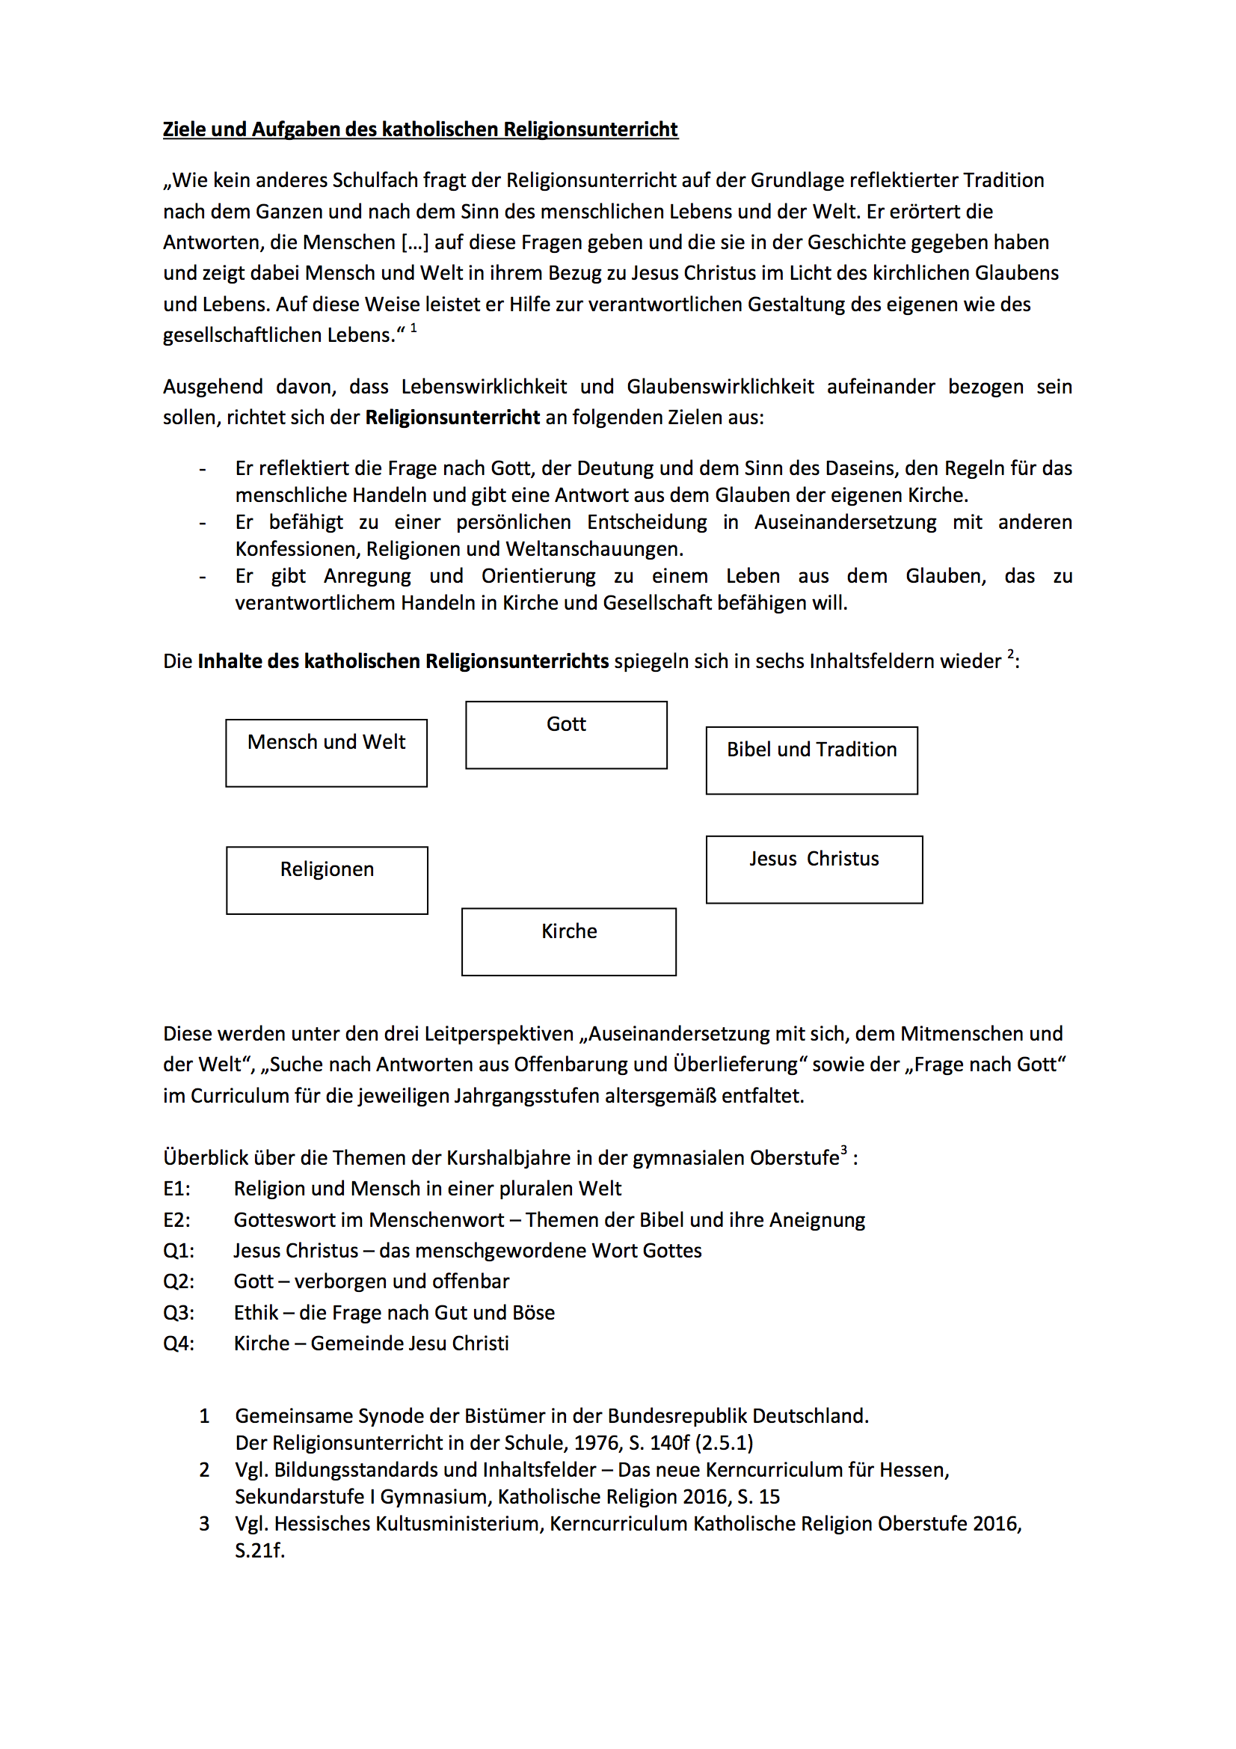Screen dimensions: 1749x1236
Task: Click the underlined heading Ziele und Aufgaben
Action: [419, 129]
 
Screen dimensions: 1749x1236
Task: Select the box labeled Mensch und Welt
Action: [326, 753]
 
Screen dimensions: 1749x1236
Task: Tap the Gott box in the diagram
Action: [566, 735]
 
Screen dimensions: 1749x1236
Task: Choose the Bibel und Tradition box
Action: [811, 760]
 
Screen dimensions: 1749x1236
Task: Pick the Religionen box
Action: [327, 880]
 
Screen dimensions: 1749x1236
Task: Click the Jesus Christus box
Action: [814, 869]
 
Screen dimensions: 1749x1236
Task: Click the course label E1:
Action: [176, 1189]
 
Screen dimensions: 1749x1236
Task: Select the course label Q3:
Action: [178, 1312]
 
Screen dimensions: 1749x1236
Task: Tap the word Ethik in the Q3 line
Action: [256, 1312]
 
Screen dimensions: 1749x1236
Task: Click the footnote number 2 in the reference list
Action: [204, 1469]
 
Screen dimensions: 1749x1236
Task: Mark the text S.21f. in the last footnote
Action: [259, 1550]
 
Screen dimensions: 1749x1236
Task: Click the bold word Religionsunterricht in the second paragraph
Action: [452, 417]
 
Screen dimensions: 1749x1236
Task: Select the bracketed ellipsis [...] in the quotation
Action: [415, 242]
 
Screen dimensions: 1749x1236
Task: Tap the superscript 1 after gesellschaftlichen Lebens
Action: [413, 328]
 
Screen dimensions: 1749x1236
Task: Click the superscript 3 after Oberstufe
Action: [843, 1151]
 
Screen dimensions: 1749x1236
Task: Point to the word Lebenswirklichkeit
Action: [484, 387]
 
